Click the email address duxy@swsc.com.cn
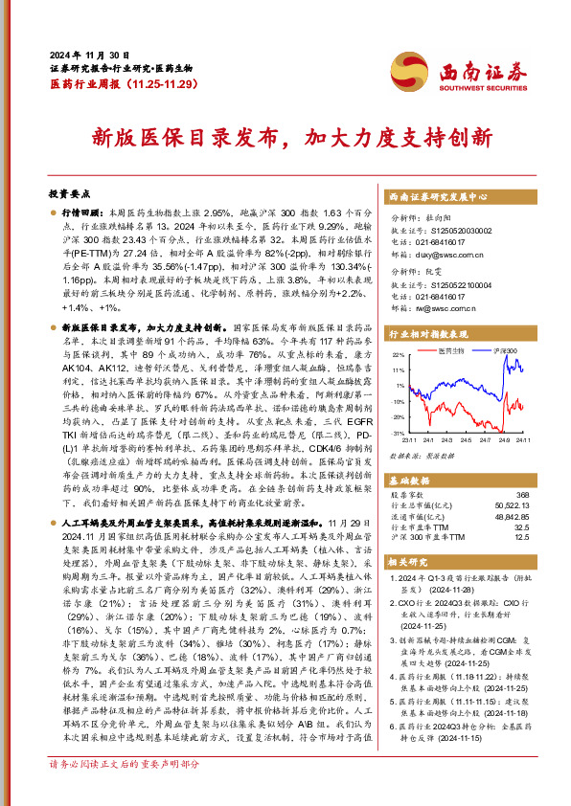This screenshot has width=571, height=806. [443, 256]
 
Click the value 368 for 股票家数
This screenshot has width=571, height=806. [523, 494]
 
